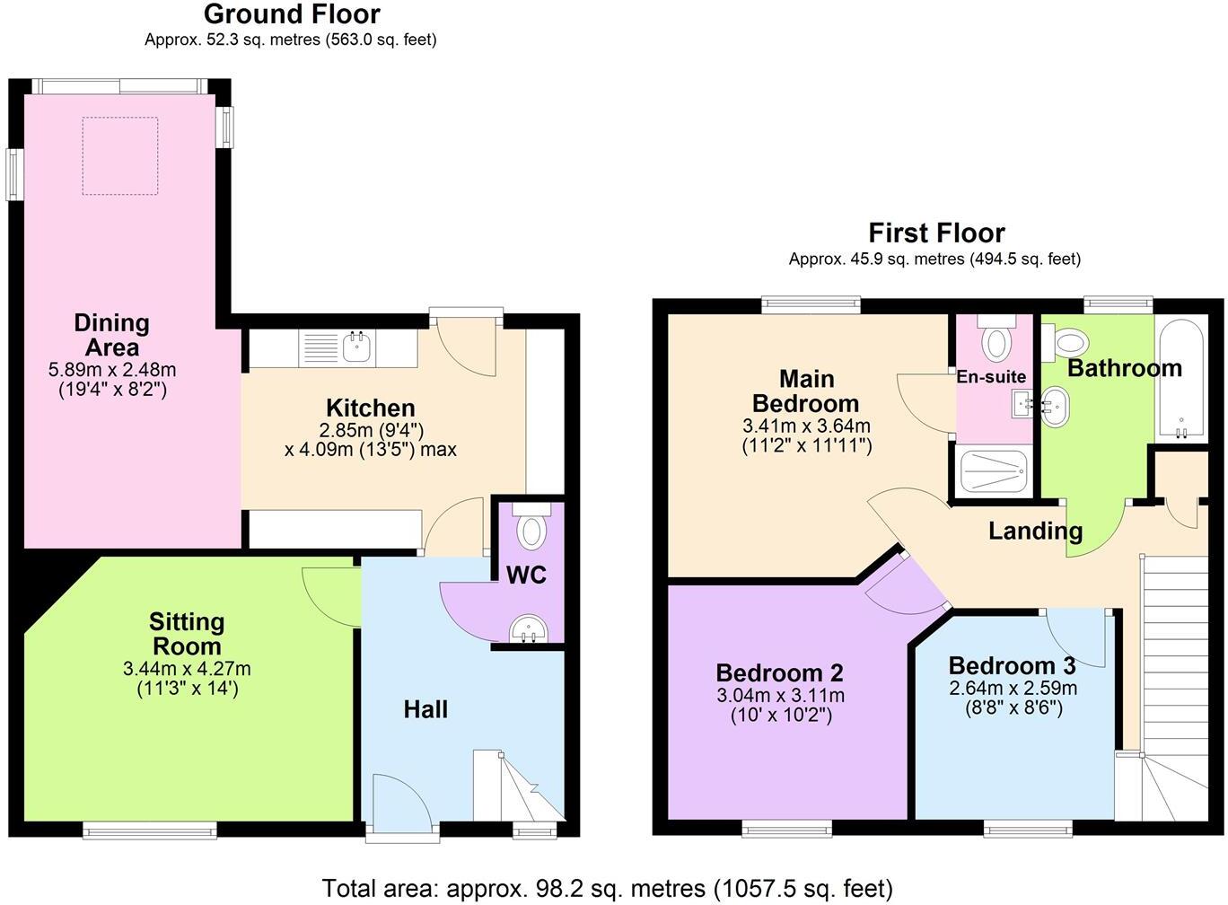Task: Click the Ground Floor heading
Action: pyautogui.click(x=292, y=14)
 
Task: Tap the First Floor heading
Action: pyautogui.click(x=935, y=233)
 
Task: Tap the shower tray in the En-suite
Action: pyautogui.click(x=992, y=470)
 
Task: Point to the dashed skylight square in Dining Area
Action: pyautogui.click(x=120, y=155)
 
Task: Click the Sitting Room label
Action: pyautogui.click(x=187, y=634)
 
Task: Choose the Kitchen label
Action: pyautogui.click(x=370, y=409)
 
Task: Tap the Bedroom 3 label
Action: pyautogui.click(x=1012, y=666)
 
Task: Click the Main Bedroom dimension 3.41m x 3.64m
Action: pyautogui.click(x=806, y=426)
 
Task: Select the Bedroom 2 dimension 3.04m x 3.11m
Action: pyautogui.click(x=779, y=696)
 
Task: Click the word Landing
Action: pyautogui.click(x=1035, y=531)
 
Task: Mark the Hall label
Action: pyautogui.click(x=425, y=710)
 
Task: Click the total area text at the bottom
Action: pyautogui.click(x=607, y=888)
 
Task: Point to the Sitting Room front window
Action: pyautogui.click(x=150, y=830)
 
